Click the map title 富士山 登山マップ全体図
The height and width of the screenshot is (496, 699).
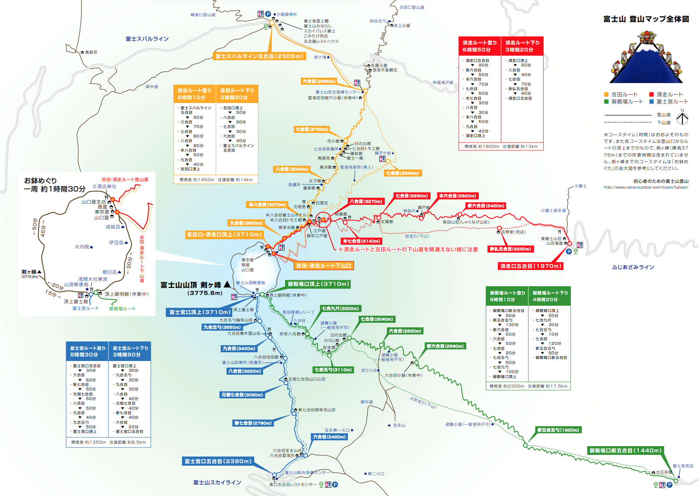[646, 19]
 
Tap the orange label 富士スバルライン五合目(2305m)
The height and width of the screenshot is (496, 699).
[259, 56]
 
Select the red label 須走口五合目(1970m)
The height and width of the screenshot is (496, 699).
[531, 266]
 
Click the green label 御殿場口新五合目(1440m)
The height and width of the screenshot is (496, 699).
[625, 450]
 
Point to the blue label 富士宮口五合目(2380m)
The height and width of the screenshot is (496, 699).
[218, 461]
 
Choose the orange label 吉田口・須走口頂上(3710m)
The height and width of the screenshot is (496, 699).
[224, 235]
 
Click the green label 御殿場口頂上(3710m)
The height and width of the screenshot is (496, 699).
[318, 284]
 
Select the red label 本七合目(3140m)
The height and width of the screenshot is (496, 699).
[361, 241]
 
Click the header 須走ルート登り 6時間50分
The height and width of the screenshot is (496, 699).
[480, 46]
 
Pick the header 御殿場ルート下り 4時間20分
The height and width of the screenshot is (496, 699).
[550, 296]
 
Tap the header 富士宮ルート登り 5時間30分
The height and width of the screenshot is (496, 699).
[88, 351]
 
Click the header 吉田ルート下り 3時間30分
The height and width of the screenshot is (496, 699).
[237, 94]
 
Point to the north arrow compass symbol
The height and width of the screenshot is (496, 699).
[682, 118]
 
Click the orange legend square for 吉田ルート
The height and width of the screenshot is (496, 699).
[606, 95]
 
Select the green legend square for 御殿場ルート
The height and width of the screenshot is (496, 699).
[606, 101]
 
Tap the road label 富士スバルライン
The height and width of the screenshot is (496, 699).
[147, 39]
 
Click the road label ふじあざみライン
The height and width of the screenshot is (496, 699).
[633, 267]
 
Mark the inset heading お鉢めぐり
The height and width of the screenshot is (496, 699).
[40, 181]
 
